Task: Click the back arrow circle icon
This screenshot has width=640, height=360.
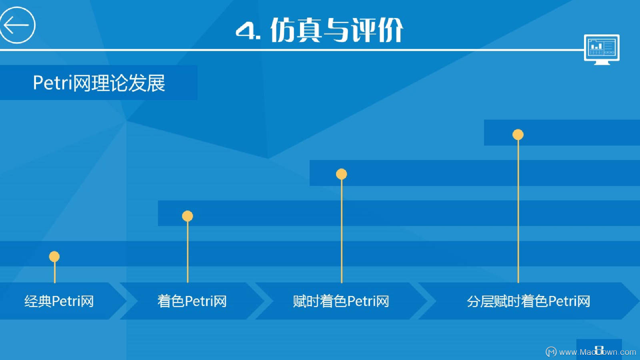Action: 17,25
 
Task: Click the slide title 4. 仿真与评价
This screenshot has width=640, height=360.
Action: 319,30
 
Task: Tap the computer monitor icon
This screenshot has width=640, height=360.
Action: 602,49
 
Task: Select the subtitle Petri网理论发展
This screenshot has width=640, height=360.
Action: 99,83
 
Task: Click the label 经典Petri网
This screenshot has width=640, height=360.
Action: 59,301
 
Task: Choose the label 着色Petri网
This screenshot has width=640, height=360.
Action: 192,301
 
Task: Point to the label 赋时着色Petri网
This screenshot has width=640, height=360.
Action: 341,301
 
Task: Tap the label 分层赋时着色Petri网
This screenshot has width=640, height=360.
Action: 528,301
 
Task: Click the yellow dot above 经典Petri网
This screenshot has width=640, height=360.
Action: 54,256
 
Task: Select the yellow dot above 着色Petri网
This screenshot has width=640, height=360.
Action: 187,216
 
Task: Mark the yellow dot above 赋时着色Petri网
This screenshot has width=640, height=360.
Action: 341,174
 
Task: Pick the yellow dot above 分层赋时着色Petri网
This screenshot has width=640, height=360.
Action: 518,134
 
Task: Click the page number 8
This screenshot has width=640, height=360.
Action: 599,350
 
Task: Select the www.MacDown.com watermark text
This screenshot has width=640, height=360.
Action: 597,352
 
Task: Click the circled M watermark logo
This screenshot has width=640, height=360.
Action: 551,352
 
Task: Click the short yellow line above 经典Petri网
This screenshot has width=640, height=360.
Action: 54,273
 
